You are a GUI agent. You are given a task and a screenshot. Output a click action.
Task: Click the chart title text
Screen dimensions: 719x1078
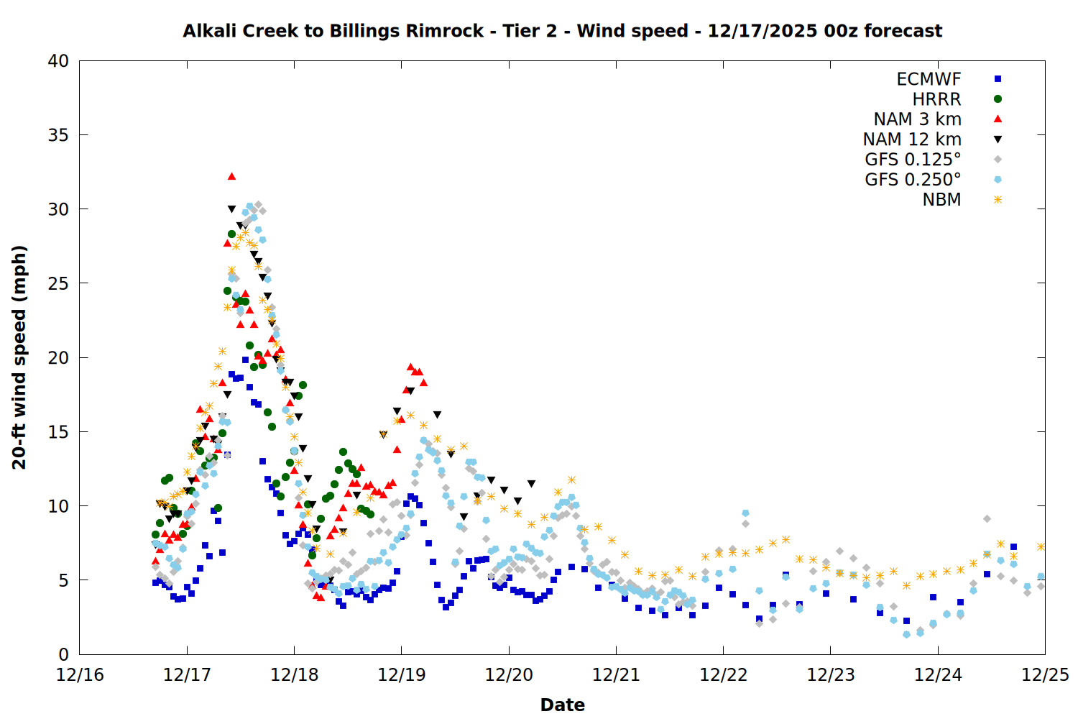[562, 31]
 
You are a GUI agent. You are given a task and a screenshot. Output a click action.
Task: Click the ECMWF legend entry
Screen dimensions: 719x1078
[929, 79]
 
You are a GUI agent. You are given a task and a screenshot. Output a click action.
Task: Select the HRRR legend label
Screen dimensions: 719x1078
[936, 99]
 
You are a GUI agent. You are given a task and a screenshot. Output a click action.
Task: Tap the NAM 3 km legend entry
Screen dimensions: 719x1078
[917, 119]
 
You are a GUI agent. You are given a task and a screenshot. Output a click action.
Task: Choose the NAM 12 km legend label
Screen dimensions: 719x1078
[912, 139]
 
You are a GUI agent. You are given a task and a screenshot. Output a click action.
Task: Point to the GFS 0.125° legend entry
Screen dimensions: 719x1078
[913, 160]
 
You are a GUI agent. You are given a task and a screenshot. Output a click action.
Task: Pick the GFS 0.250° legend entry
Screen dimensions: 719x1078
[913, 180]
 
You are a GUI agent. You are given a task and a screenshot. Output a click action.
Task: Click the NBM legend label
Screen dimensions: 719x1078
[941, 200]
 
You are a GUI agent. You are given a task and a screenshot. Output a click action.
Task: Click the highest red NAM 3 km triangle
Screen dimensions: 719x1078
[231, 176]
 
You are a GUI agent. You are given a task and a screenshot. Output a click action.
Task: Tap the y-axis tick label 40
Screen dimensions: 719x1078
[58, 61]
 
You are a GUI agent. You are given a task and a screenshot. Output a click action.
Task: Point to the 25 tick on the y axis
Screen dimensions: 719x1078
[58, 283]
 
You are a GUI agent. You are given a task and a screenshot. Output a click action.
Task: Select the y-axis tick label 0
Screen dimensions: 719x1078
[63, 654]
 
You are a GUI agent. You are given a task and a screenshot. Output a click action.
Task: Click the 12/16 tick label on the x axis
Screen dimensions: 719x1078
[80, 675]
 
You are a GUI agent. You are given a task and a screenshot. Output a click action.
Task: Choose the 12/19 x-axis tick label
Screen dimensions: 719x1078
[402, 675]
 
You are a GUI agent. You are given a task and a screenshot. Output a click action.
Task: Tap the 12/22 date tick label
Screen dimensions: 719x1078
[724, 675]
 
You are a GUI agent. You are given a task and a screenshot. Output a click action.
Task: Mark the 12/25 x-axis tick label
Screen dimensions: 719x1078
[1045, 675]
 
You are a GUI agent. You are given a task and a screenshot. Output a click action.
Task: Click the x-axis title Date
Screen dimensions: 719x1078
[562, 705]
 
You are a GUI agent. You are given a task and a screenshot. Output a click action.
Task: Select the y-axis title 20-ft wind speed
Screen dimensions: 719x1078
[19, 357]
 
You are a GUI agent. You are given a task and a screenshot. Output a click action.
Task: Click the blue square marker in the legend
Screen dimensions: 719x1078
[998, 79]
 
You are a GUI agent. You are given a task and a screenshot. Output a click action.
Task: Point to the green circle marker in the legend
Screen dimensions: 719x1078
[998, 99]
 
